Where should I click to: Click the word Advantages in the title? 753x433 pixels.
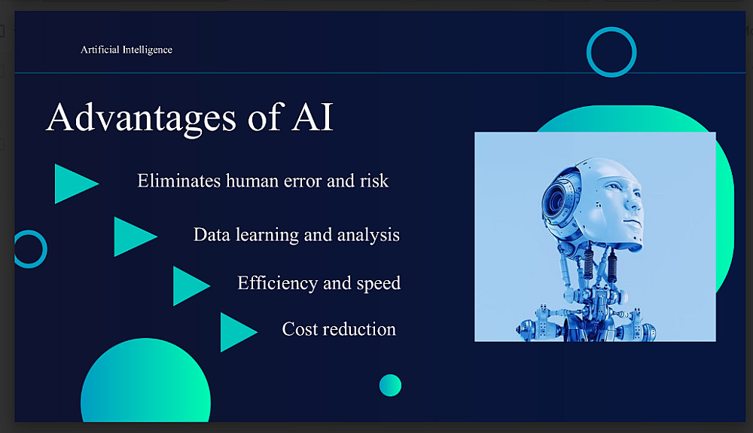tap(142, 117)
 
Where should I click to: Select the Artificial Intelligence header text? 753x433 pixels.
tap(127, 50)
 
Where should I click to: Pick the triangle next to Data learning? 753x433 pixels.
tap(136, 236)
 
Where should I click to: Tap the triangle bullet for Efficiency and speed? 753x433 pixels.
tap(191, 285)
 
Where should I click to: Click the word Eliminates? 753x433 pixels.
tap(179, 181)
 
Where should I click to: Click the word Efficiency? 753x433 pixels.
tap(278, 283)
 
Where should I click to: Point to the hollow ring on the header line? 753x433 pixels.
tap(611, 29)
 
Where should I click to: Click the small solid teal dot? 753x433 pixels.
tap(390, 386)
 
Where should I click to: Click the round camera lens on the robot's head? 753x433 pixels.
tap(556, 199)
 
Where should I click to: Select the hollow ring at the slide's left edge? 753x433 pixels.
tap(44, 249)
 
